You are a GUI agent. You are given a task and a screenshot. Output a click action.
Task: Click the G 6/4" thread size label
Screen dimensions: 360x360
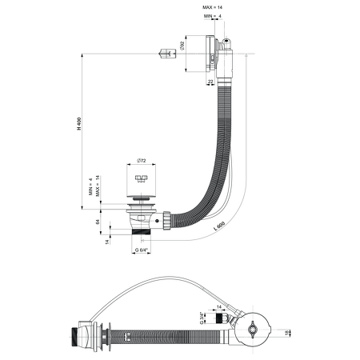pyautogui.click(x=142, y=250)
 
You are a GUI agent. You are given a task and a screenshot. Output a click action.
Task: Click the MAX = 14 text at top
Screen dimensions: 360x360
pyautogui.click(x=210, y=7)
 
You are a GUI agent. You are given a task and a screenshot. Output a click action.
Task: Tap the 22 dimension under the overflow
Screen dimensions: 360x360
pyautogui.click(x=210, y=81)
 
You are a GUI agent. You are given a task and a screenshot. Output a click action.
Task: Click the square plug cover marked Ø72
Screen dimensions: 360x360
pyautogui.click(x=142, y=178)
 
